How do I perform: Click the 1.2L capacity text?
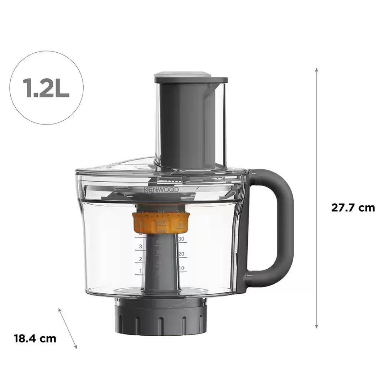click(46, 88)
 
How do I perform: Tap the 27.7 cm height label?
click(353, 208)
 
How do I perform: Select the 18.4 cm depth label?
click(35, 338)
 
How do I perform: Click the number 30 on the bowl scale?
click(181, 239)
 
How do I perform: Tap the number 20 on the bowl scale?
click(181, 254)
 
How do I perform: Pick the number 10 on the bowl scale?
click(181, 268)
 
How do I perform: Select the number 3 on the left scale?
click(141, 247)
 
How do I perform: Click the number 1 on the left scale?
click(141, 272)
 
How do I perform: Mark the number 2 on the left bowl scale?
click(141, 259)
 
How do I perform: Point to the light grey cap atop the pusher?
click(182, 75)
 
